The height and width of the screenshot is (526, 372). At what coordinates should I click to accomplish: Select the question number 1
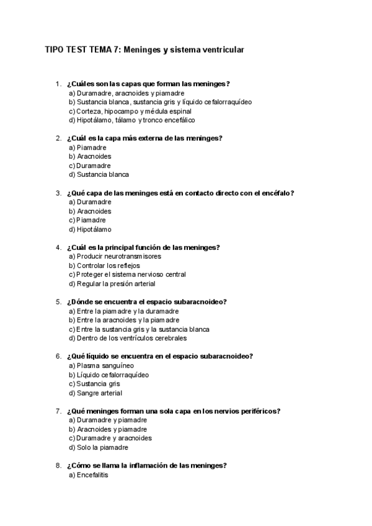(x=58, y=84)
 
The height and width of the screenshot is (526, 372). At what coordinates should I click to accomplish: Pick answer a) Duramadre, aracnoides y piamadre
(x=118, y=93)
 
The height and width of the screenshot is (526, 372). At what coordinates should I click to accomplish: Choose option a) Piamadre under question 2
(x=87, y=148)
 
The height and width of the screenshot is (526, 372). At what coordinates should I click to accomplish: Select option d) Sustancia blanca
(x=99, y=175)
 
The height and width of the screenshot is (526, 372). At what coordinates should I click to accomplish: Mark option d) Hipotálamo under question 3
(x=91, y=230)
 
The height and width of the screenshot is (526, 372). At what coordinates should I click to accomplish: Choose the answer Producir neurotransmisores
(x=115, y=256)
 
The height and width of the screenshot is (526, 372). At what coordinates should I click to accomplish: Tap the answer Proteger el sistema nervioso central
(x=127, y=274)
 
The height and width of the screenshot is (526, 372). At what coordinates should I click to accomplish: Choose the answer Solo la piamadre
(x=99, y=447)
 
